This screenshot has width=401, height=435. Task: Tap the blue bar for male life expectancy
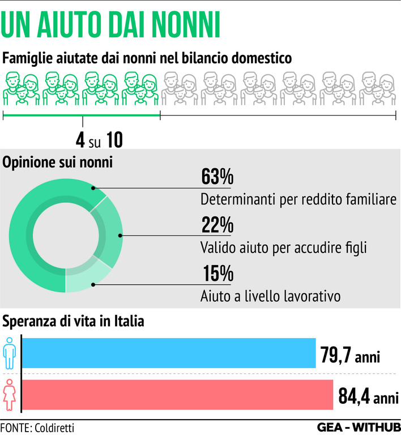(168, 353)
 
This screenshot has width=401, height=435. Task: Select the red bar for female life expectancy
(177, 394)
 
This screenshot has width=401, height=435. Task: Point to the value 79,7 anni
(359, 357)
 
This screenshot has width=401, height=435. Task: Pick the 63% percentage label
(217, 178)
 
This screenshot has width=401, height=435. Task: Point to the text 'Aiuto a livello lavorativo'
(270, 296)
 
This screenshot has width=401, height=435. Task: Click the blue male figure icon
(10, 353)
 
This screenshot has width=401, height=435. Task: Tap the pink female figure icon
(10, 394)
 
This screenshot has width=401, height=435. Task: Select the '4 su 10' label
(99, 139)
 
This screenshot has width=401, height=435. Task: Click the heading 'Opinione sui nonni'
(58, 163)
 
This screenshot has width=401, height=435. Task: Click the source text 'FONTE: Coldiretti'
(37, 427)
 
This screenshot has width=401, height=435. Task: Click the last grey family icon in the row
(377, 89)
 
